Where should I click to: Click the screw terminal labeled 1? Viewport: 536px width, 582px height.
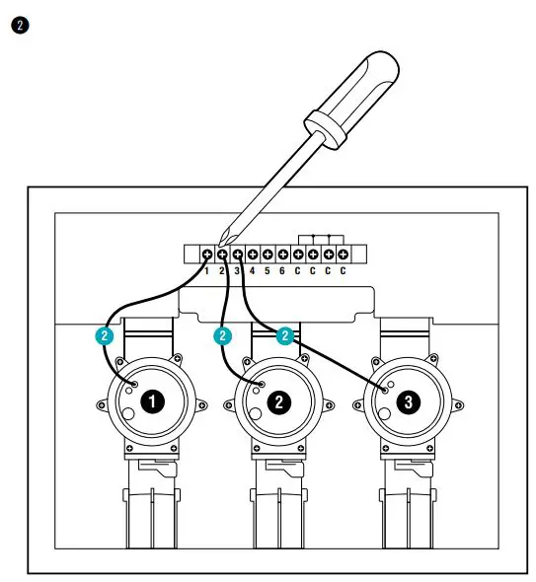click(x=207, y=254)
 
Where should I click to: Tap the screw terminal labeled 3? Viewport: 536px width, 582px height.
click(x=238, y=254)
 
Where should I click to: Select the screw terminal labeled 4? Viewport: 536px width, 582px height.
click(x=253, y=254)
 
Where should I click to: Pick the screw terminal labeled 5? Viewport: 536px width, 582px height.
click(x=268, y=254)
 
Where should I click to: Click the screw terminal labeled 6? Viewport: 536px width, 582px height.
click(x=282, y=254)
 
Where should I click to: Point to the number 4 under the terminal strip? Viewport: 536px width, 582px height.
click(x=253, y=269)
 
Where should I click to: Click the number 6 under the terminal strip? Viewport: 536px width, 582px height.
click(x=282, y=269)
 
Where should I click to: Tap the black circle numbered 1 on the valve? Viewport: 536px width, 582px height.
click(x=151, y=401)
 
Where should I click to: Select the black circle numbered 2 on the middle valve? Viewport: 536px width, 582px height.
click(x=278, y=401)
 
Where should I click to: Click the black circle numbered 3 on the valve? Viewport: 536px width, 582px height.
click(x=406, y=401)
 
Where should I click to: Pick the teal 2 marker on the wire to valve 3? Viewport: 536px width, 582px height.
click(x=284, y=335)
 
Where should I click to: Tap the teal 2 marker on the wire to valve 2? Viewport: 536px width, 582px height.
click(x=223, y=335)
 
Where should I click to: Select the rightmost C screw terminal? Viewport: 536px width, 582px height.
click(x=343, y=254)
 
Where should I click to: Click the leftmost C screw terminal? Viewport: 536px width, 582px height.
click(x=297, y=254)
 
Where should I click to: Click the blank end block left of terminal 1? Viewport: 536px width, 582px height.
click(x=191, y=254)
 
